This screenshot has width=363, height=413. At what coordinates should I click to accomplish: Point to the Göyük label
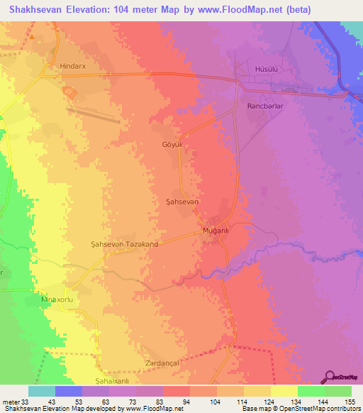(172, 144)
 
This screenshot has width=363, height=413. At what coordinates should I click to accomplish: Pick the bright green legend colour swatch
(311, 391)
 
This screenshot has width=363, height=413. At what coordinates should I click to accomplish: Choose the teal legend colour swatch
(42, 391)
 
